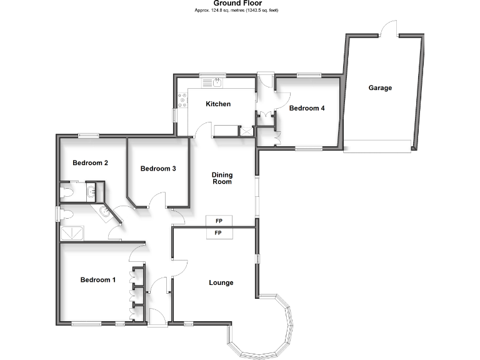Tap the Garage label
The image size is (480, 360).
380,88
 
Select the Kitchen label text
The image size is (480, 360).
219,104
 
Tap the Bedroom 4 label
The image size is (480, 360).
307,108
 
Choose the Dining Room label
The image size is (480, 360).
222,178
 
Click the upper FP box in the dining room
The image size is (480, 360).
219,221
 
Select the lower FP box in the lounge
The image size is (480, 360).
219,233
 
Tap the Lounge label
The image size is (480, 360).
221,282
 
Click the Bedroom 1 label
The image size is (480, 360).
98,280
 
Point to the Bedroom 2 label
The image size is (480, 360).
91,163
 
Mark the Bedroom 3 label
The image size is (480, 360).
158,169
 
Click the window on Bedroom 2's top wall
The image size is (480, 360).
89,134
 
